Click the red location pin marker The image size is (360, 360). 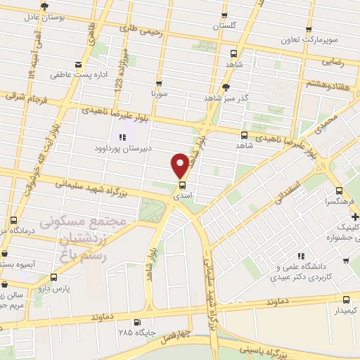tap(180, 165)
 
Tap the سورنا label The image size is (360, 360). tap(157, 92)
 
